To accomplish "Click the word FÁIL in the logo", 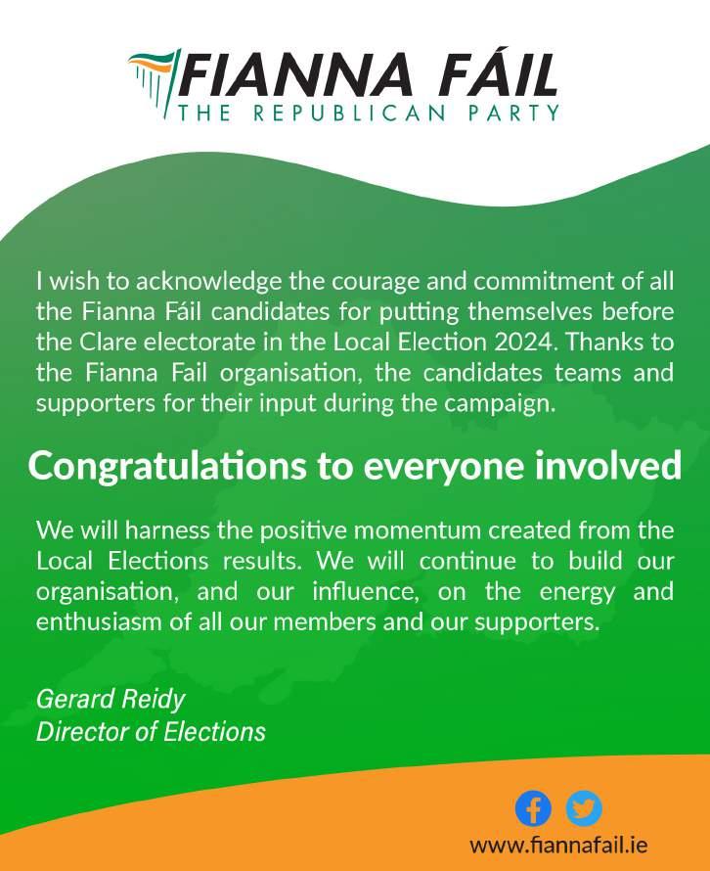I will point(494,75).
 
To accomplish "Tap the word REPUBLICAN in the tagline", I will point(348,113).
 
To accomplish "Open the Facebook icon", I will point(533,808).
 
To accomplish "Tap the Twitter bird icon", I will point(584,808).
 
